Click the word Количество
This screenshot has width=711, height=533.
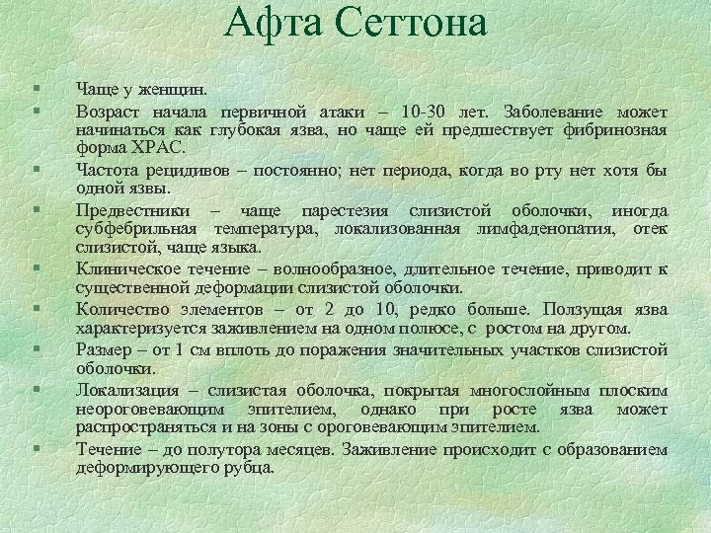(118, 309)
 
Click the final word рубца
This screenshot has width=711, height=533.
(251, 468)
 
